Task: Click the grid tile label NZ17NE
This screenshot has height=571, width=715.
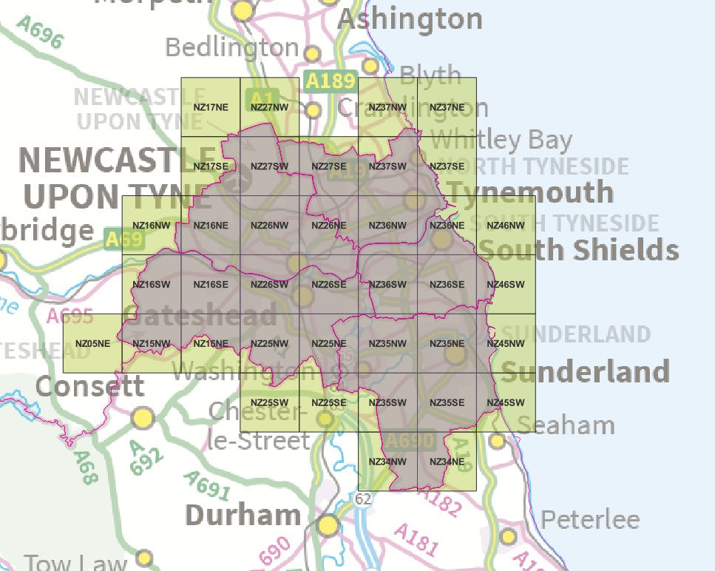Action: tap(211, 107)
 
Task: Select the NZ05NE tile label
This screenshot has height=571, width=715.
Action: tap(92, 344)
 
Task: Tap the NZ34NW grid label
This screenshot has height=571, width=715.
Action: tap(387, 462)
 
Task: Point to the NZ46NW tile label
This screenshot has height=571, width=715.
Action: tap(506, 226)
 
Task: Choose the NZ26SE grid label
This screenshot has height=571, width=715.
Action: tap(329, 285)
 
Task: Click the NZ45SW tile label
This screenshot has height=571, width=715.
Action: tap(506, 403)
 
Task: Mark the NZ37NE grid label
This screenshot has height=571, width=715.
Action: tap(447, 107)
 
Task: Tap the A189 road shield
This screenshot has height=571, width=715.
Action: tap(331, 81)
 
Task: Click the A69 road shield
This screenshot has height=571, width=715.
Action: tap(123, 240)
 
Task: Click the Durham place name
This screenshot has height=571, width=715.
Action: tap(243, 515)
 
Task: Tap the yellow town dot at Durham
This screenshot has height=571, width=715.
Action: tap(328, 526)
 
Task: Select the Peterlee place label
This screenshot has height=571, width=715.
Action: tap(590, 520)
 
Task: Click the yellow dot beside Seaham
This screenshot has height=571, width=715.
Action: tap(498, 442)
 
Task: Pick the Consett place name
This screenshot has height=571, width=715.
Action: tap(89, 386)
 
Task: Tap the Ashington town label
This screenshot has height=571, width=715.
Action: tap(410, 18)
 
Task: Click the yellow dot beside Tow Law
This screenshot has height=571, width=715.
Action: tap(145, 558)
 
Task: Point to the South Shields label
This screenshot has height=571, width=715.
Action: tap(579, 250)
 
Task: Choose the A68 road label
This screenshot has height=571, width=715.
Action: tap(87, 467)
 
